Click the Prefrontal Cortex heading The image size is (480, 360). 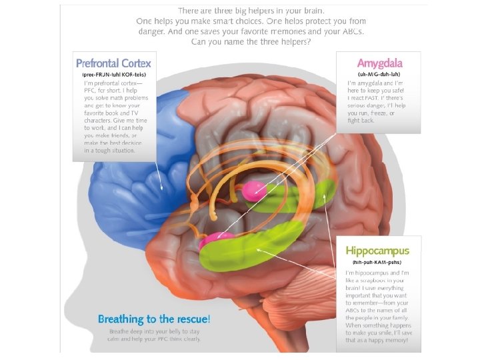click(113, 64)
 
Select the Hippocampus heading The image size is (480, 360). click(377, 251)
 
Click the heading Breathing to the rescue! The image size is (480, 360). click(154, 319)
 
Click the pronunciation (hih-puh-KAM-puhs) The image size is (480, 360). click(377, 263)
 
